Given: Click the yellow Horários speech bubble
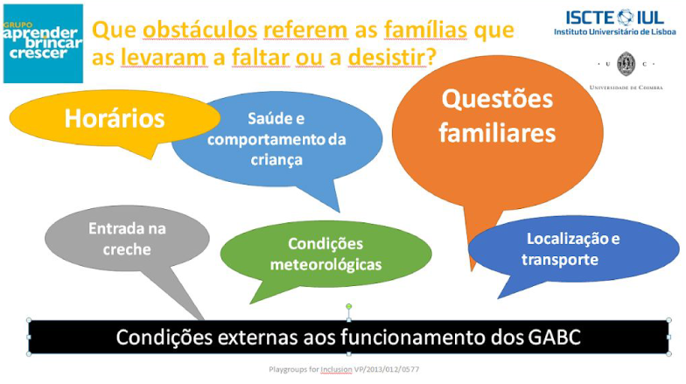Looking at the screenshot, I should (114, 118).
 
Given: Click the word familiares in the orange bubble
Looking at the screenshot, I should (497, 133).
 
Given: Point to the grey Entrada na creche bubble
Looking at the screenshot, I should (127, 238).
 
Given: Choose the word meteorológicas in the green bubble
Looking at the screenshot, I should (325, 264).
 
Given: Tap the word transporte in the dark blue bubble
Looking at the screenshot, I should (560, 260).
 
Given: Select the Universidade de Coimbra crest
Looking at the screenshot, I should (626, 64).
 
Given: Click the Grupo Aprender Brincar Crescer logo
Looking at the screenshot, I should (43, 42).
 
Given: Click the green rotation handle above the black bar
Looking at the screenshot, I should (348, 306).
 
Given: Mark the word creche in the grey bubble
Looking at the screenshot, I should (127, 249).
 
